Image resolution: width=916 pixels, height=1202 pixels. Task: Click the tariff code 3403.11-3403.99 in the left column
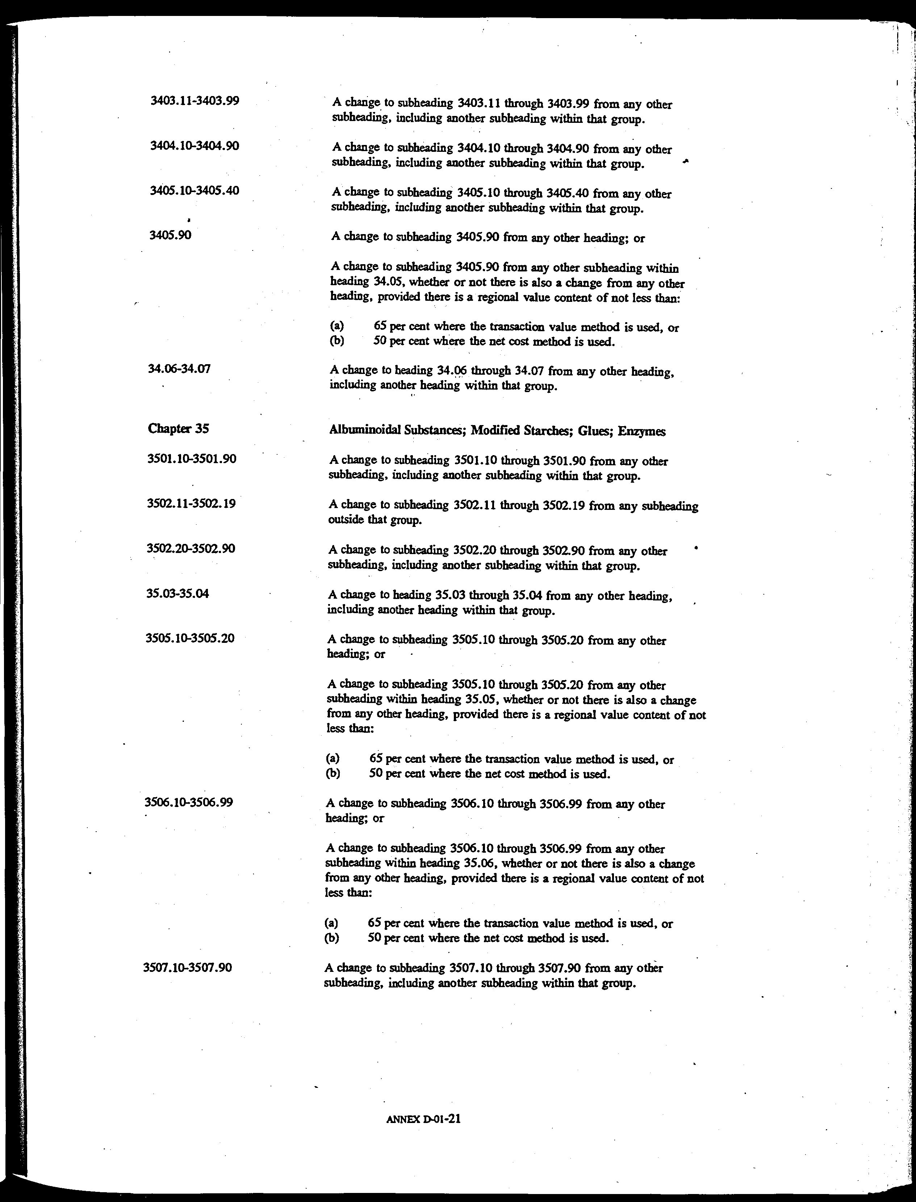(195, 101)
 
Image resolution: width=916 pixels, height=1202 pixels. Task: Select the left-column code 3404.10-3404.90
(195, 146)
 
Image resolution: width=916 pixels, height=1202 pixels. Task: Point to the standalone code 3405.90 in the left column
(170, 235)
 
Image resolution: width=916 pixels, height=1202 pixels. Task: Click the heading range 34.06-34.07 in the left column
(179, 369)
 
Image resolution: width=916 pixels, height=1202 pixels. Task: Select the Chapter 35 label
(178, 429)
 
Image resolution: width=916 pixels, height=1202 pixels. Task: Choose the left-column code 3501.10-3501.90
(192, 459)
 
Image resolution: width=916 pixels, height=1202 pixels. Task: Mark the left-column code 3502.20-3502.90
(191, 548)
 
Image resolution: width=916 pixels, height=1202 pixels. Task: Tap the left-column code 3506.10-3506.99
(189, 802)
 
